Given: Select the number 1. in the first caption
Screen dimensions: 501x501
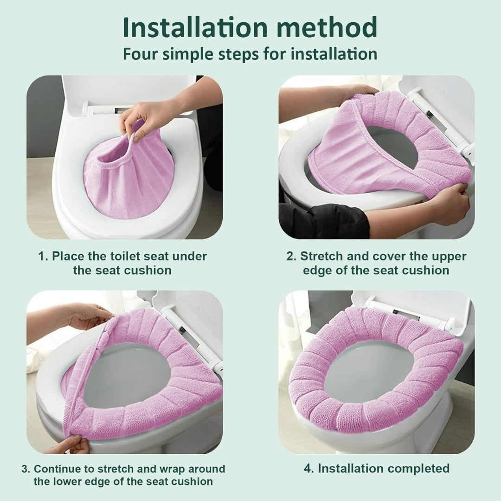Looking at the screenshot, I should pyautogui.click(x=43, y=256).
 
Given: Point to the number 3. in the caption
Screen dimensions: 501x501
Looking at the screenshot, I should pyautogui.click(x=26, y=469).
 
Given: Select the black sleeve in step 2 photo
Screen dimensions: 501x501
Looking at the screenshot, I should pyautogui.click(x=325, y=218).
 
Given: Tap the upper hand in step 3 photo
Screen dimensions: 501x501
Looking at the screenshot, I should pyautogui.click(x=88, y=315).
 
